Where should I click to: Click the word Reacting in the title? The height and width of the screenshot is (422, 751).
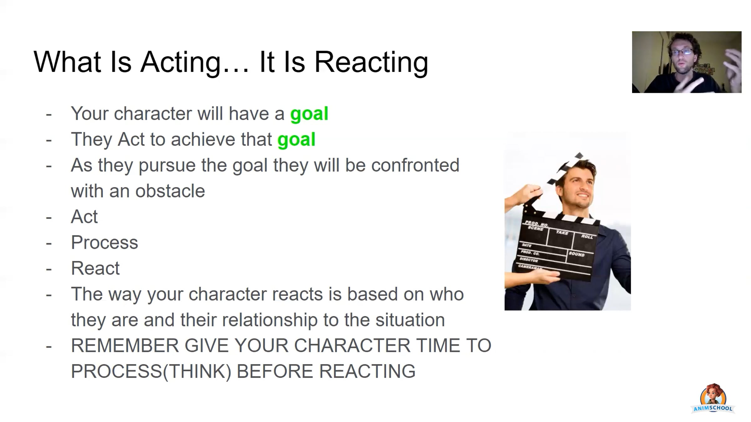[x=371, y=63]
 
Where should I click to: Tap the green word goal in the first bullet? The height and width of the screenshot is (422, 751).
[x=309, y=114]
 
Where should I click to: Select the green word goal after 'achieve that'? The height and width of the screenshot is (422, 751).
[x=296, y=140]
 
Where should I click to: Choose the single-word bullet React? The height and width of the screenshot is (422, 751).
[x=95, y=268]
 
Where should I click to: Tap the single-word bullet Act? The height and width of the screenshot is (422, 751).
[x=84, y=217]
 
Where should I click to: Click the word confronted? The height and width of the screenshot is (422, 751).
[x=415, y=165]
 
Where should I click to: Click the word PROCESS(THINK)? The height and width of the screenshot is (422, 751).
[x=151, y=372]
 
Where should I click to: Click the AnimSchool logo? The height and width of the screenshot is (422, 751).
[x=713, y=399]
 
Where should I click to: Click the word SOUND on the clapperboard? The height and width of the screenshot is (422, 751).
[x=576, y=254]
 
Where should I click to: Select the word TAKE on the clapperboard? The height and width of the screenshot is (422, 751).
[x=562, y=232]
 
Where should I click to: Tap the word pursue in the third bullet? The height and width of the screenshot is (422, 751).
[x=167, y=166]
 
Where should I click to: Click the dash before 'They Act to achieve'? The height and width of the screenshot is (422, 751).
[x=49, y=141]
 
